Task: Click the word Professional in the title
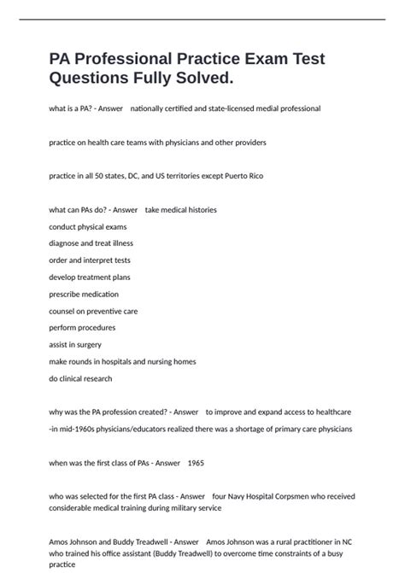coord(123,59)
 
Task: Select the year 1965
coord(195,463)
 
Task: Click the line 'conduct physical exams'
coord(88,226)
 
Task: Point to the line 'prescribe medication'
coord(84,294)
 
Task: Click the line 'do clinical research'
coord(80,378)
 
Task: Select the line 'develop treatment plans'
coord(90,277)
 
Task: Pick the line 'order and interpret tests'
coord(90,260)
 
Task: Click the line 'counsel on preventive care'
coord(93,311)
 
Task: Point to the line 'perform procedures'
coord(82,328)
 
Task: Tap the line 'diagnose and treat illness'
coord(91,243)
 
